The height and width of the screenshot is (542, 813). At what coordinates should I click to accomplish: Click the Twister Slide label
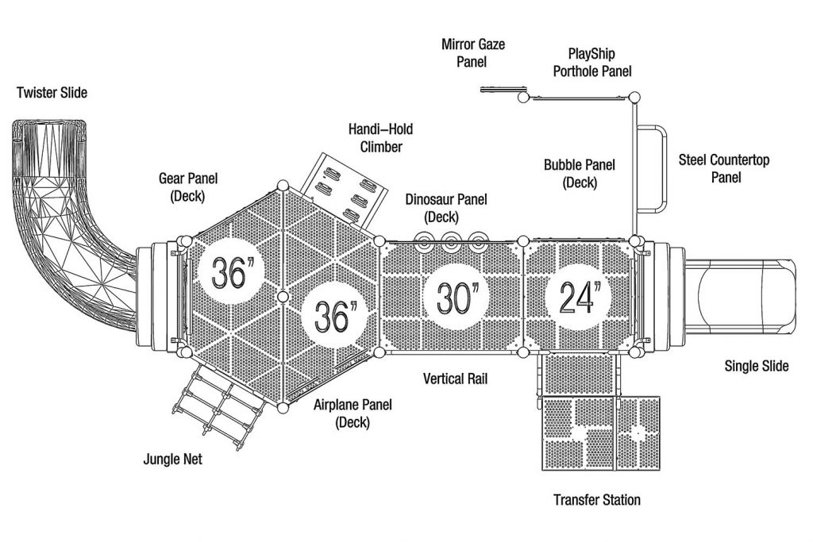point(52,93)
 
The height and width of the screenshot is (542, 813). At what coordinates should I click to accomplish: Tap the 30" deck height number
point(455,298)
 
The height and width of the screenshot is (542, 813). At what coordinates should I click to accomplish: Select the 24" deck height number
point(579,298)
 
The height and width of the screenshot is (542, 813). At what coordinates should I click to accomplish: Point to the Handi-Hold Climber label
point(381,138)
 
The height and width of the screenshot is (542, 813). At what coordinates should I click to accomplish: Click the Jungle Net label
point(172,459)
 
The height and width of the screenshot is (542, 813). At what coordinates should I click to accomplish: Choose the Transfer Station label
point(597,500)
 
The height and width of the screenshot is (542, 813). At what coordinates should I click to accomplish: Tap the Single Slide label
point(757,367)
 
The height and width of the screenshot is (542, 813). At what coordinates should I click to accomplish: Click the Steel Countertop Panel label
point(724,168)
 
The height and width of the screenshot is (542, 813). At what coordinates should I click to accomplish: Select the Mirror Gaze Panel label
point(473,53)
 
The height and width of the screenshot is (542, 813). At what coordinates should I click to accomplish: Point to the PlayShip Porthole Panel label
point(592,62)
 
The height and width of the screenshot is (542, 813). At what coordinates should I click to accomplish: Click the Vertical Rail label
point(455,379)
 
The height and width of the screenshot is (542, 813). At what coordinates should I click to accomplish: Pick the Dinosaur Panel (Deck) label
point(446,208)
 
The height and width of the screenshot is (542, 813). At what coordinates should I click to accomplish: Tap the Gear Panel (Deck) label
point(187,187)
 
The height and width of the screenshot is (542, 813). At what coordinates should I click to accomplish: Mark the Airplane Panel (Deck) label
point(353,413)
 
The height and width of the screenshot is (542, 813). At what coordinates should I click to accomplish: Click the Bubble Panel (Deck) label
point(580,174)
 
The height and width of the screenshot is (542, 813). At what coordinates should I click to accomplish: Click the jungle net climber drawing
point(219,403)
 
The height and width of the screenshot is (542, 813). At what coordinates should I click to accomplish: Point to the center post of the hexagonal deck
point(283,297)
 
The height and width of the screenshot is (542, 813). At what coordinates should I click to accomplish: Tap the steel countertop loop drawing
point(652,170)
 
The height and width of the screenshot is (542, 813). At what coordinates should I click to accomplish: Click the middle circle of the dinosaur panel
point(451,241)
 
